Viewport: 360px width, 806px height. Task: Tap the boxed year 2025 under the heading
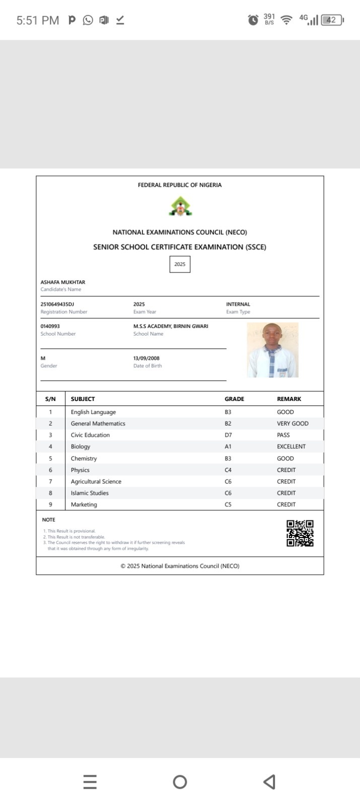pyautogui.click(x=180, y=264)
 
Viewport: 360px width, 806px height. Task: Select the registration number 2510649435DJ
pyautogui.click(x=57, y=304)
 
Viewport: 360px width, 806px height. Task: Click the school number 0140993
pyautogui.click(x=50, y=326)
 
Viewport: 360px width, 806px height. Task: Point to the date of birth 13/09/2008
pyautogui.click(x=147, y=359)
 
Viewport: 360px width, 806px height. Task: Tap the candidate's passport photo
pyautogui.click(x=272, y=350)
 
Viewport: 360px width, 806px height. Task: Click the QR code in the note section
pyautogui.click(x=300, y=533)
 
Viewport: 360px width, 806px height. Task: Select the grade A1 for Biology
pyautogui.click(x=228, y=447)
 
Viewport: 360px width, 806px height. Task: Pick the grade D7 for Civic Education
pyautogui.click(x=228, y=435)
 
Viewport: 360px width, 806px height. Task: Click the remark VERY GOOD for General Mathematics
pyautogui.click(x=293, y=424)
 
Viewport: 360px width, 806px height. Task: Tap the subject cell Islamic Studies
pyautogui.click(x=90, y=493)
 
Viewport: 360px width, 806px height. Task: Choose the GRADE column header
pyautogui.click(x=234, y=399)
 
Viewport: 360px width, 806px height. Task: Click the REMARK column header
pyautogui.click(x=289, y=399)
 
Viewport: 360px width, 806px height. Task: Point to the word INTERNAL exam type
pyautogui.click(x=238, y=304)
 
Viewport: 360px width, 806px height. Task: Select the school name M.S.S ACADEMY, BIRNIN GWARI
pyautogui.click(x=171, y=326)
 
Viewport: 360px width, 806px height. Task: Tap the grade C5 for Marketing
pyautogui.click(x=228, y=505)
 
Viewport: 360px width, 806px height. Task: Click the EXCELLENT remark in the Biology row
pyautogui.click(x=291, y=447)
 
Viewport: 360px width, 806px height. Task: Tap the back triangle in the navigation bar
pyautogui.click(x=269, y=782)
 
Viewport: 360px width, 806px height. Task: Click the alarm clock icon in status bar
pyautogui.click(x=253, y=20)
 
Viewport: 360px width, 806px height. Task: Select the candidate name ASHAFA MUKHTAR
pyautogui.click(x=63, y=283)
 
